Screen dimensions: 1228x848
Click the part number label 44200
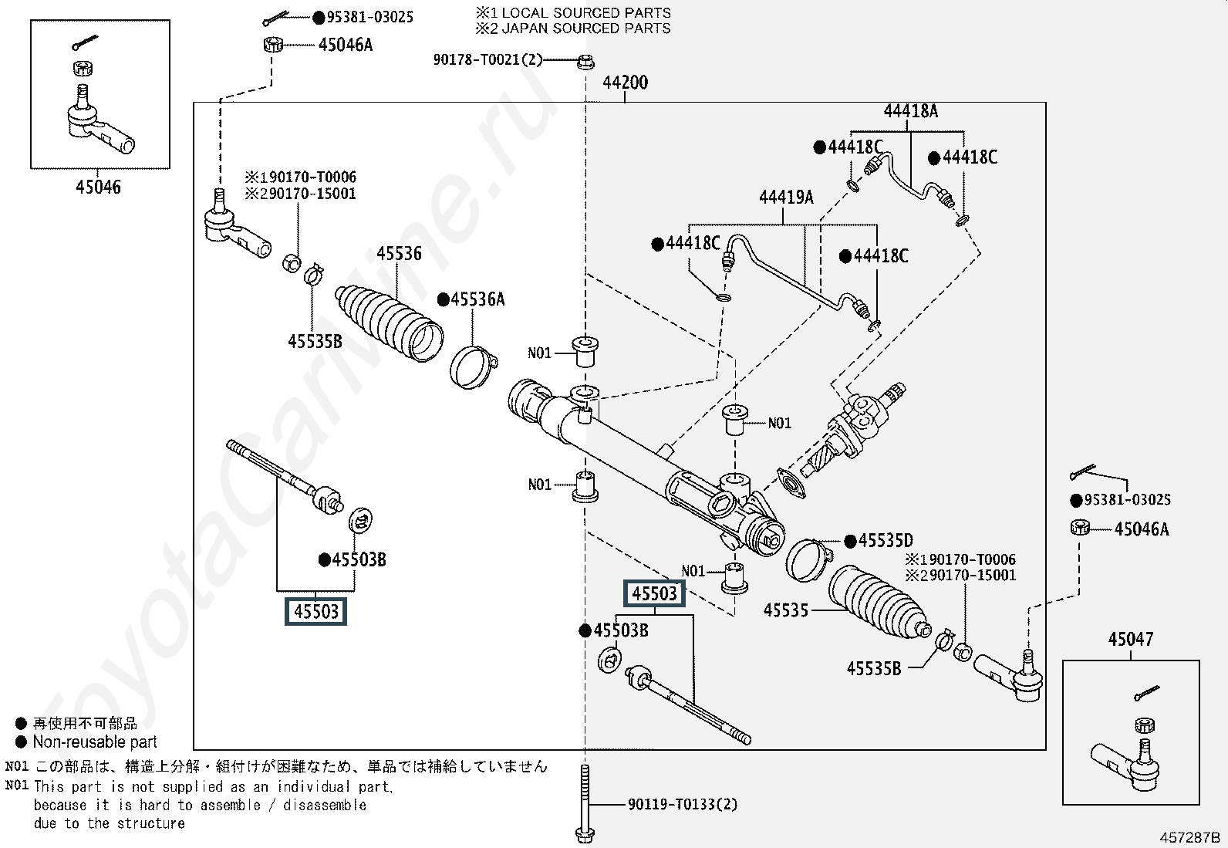click(x=625, y=83)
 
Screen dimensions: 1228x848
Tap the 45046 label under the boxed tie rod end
click(x=98, y=187)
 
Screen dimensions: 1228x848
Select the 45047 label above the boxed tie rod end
click(x=1130, y=639)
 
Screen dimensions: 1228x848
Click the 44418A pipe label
click(x=910, y=111)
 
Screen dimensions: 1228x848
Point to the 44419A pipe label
click(x=786, y=197)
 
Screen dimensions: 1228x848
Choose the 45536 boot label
click(x=399, y=253)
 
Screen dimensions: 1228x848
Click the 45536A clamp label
click(x=471, y=299)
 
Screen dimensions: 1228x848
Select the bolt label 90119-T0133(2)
click(x=683, y=804)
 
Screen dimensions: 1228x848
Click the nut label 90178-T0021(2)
click(x=487, y=59)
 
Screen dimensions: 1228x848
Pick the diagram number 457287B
click(x=1189, y=837)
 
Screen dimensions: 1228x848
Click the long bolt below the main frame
click(x=585, y=804)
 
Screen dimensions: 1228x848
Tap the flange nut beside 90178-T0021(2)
click(x=585, y=61)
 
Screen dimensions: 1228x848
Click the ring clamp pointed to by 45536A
click(x=473, y=367)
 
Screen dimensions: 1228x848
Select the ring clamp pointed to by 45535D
click(x=809, y=559)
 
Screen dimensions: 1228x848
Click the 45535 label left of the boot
click(x=785, y=610)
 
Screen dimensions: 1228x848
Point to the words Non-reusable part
click(x=95, y=742)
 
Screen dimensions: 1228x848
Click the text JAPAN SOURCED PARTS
click(x=586, y=29)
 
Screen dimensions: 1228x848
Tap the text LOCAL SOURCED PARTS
click(x=586, y=12)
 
